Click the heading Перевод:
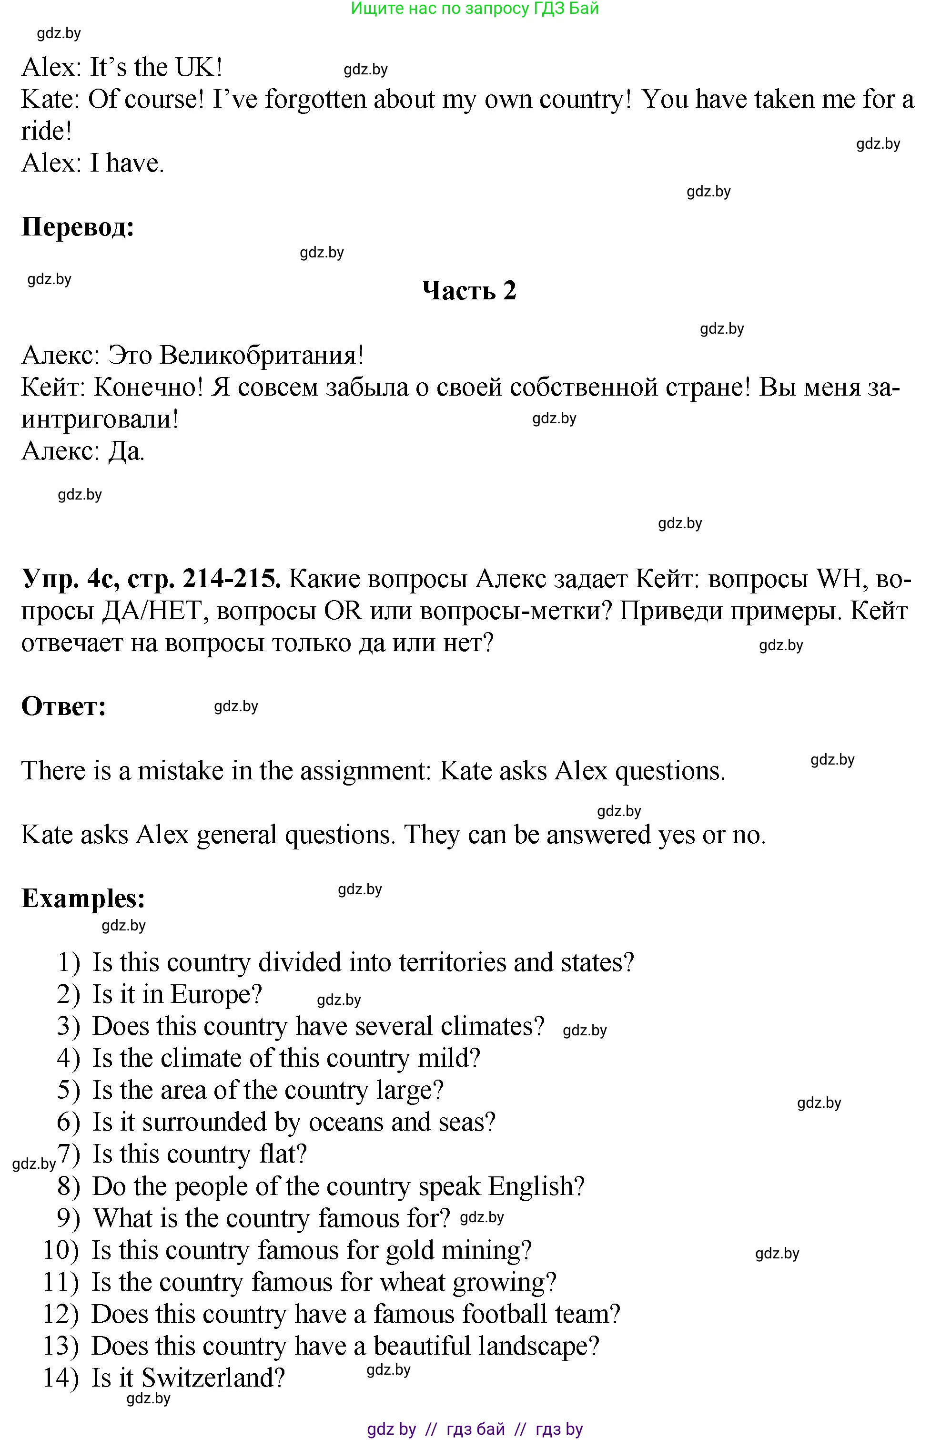tap(78, 227)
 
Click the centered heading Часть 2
tap(469, 290)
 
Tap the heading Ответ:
tap(64, 706)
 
